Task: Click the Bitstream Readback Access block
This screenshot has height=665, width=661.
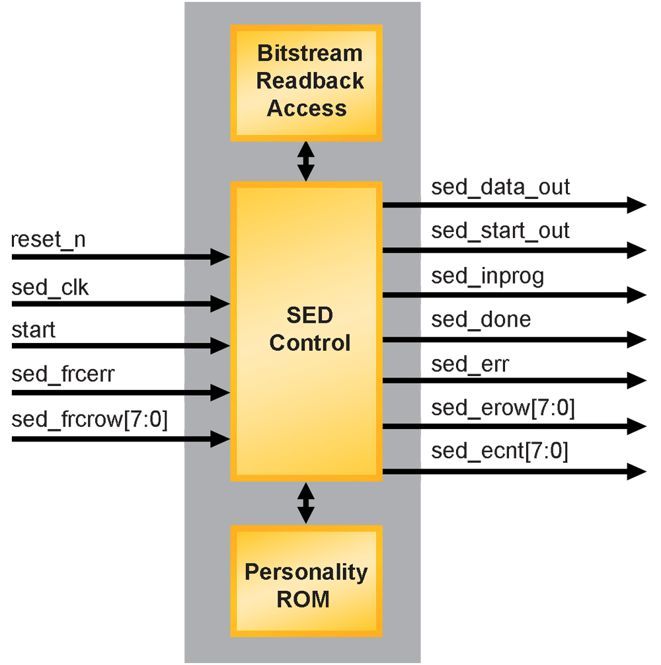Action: [x=306, y=83]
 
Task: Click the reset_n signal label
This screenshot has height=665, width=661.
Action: [x=48, y=240]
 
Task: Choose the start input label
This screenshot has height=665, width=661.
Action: [x=34, y=329]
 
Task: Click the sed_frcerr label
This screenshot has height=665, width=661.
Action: [x=63, y=375]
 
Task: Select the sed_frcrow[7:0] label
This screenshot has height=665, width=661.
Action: [x=89, y=420]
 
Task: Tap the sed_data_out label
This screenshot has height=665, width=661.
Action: [x=500, y=187]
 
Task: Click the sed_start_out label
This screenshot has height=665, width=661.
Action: [x=500, y=231]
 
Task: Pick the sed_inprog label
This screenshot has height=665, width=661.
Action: [x=488, y=276]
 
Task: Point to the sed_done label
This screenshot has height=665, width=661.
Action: [x=481, y=320]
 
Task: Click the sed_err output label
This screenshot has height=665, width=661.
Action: [x=470, y=364]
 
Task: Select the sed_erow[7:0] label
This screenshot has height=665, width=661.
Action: [x=503, y=409]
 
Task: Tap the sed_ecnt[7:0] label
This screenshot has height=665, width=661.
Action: [x=500, y=453]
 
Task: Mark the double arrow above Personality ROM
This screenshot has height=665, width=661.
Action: [x=305, y=503]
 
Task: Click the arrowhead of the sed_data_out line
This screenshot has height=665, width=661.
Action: [x=637, y=205]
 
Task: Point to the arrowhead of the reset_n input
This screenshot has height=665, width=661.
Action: [x=220, y=256]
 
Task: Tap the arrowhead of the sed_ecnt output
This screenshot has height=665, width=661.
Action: [x=637, y=471]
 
